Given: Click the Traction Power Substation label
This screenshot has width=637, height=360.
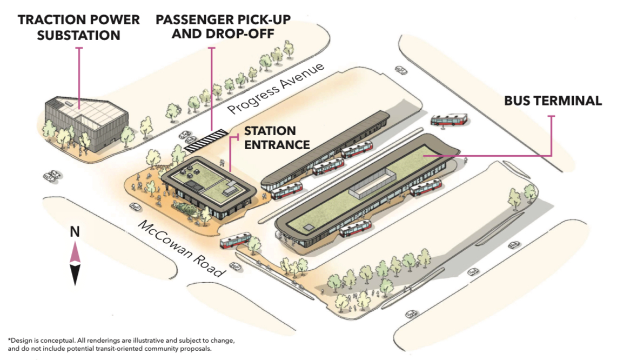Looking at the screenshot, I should point(79,28).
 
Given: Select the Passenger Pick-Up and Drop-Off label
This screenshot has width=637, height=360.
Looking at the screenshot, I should point(224,26).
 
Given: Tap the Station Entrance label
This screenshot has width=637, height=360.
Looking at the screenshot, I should point(277,138).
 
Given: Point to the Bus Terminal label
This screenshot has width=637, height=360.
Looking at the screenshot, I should point(553,101).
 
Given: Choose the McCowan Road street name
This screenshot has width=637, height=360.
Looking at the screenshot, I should point(180,248).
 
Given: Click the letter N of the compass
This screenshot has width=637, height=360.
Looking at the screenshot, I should point(75,232).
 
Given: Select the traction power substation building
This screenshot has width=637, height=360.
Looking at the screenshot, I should point(86,123).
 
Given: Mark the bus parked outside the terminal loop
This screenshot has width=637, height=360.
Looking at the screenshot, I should point(448,120).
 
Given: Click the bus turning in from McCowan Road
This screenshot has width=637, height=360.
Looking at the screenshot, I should point(236,240).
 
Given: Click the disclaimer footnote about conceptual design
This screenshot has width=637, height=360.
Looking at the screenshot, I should point(122,344).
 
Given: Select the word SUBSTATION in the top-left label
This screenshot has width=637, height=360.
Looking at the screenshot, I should point(79,35).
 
